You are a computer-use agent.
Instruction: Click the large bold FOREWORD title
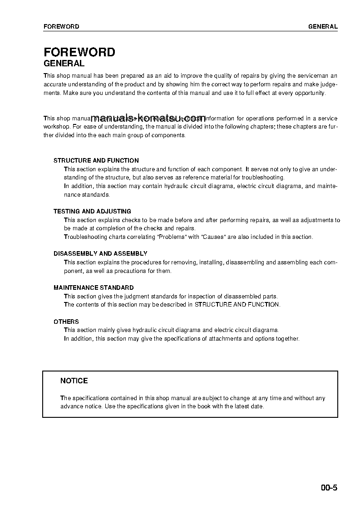[x=79, y=52]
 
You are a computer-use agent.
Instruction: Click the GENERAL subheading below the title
[x=64, y=64]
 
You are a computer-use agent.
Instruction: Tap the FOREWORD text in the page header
[x=61, y=26]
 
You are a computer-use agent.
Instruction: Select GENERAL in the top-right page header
[x=323, y=26]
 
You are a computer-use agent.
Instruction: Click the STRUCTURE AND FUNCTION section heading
[x=96, y=160]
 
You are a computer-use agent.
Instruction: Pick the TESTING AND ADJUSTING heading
[x=92, y=211]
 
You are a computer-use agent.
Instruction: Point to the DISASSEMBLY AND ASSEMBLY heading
[x=100, y=253]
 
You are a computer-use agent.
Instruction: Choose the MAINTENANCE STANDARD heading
[x=94, y=287]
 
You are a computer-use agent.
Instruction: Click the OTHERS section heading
[x=66, y=322]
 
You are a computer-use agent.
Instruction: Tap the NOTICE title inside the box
[x=74, y=381]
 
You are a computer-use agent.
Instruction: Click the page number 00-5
[x=329, y=488]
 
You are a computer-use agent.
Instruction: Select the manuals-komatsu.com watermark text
[x=148, y=119]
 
